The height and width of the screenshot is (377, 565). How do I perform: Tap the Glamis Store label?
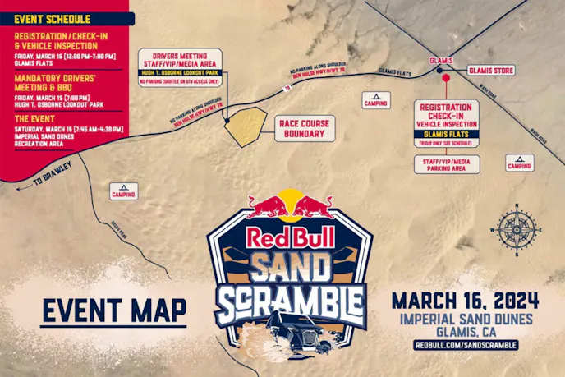[490, 71]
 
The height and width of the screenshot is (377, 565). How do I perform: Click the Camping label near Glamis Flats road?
[376, 100]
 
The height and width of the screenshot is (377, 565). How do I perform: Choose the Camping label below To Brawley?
[123, 191]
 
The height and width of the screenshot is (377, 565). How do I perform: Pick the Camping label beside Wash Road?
[519, 162]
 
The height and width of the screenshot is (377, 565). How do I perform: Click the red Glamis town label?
[441, 61]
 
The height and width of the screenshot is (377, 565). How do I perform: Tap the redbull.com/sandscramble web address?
[466, 346]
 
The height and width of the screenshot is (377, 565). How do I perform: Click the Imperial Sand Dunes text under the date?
[466, 318]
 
